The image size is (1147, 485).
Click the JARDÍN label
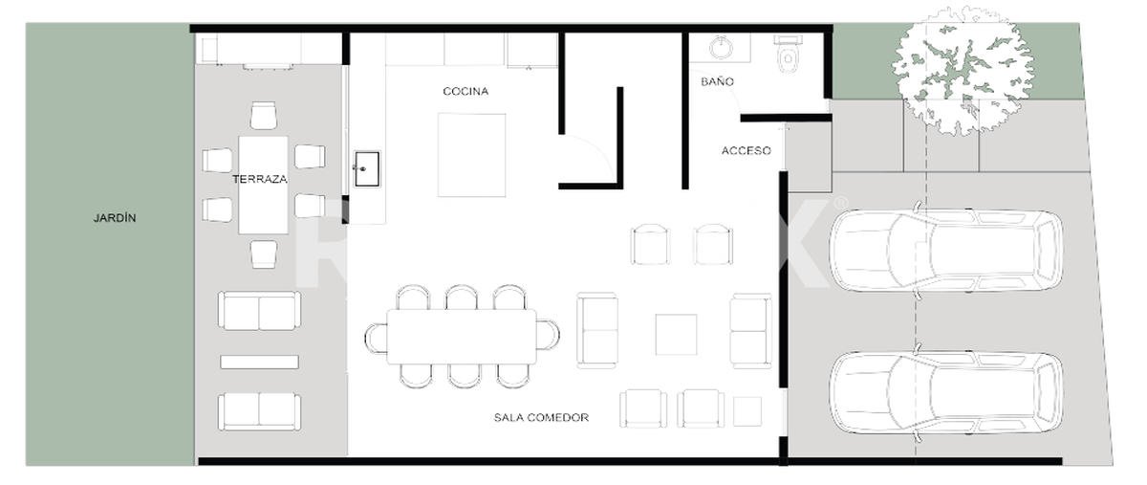115,218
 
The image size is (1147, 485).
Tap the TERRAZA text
260,179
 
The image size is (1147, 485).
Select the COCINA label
465,91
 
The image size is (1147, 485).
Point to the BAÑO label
718,81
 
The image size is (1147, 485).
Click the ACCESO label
747,151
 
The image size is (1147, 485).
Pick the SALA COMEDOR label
541,418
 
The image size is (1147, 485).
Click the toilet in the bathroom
788,54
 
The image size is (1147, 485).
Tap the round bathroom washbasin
722,47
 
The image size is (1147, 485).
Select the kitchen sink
367,168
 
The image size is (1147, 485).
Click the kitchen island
471,155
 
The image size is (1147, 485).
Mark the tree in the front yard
963,71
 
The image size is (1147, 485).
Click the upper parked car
946,251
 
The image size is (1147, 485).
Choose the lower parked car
946,393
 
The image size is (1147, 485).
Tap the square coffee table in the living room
676,334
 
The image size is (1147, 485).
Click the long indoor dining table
462,337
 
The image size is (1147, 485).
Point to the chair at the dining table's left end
376,339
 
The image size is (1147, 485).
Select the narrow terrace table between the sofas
260,362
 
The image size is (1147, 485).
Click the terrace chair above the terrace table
264,116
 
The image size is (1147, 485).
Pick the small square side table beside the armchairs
747,411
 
